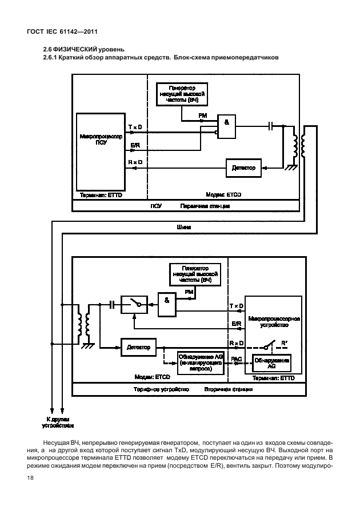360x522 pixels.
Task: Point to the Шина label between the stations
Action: point(184,227)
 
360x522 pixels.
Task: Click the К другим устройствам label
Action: point(58,422)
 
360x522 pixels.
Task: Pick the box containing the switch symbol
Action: point(134,305)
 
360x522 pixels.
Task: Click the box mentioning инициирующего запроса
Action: point(195,362)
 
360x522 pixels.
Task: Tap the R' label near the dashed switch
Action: point(283,343)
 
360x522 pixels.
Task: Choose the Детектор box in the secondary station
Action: point(138,346)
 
